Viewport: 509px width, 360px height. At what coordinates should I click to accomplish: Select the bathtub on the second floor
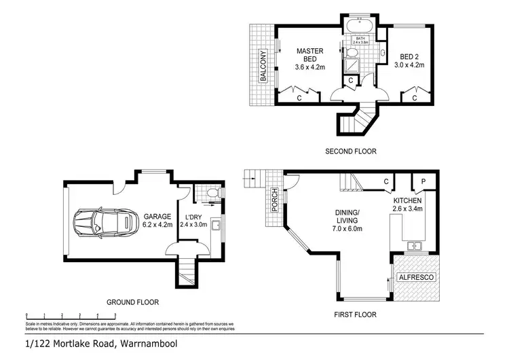356,28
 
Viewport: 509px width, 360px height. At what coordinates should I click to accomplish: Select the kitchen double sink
415,245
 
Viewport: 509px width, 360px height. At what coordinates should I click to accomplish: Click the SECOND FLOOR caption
350,151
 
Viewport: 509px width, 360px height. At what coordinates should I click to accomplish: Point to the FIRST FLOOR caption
354,314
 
